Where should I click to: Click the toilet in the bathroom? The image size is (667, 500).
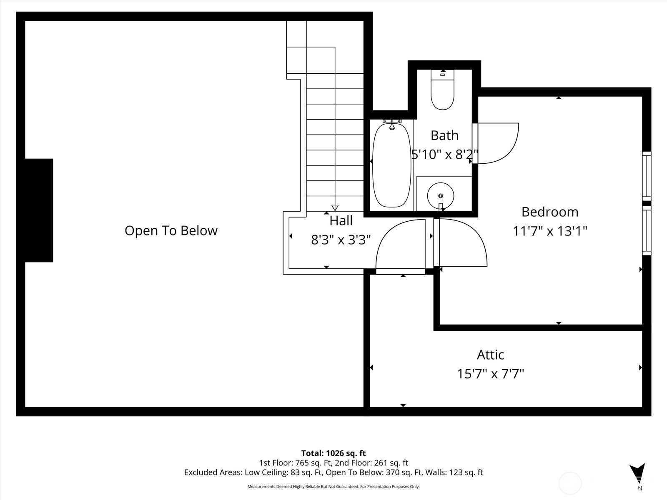click(442, 90)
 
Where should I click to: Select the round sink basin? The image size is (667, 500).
click(440, 196)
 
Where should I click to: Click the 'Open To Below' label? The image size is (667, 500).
click(171, 231)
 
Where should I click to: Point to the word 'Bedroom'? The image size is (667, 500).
click(550, 212)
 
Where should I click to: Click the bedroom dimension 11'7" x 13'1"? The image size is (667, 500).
click(550, 231)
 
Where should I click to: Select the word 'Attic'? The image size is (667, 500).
click(490, 355)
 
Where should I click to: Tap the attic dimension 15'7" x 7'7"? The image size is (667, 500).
click(490, 374)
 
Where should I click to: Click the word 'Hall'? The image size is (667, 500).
click(341, 221)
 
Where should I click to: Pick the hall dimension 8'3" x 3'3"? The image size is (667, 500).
click(341, 240)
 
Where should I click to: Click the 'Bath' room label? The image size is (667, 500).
click(444, 135)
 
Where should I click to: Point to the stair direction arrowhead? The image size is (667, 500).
click(335, 208)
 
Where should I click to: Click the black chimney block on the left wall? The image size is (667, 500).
click(39, 210)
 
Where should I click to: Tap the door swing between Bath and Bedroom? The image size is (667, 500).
click(495, 143)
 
